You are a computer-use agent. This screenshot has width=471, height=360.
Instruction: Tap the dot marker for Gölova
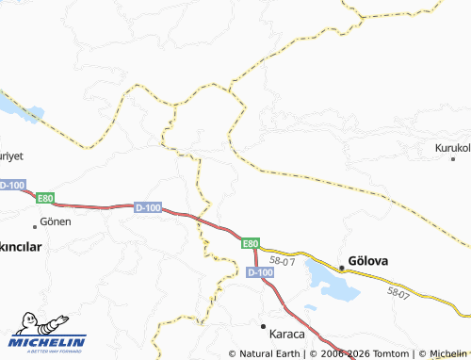342,269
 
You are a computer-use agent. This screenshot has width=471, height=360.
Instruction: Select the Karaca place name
286,334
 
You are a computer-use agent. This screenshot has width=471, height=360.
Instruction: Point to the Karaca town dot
264,325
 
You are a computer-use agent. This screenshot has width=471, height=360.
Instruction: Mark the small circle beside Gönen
36,224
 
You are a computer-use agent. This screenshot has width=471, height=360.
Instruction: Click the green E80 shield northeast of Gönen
45,198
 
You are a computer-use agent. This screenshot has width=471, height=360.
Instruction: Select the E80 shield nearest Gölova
250,243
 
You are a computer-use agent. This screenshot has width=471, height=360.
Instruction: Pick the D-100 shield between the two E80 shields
148,207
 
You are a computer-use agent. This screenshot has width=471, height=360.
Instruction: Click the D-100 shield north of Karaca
260,272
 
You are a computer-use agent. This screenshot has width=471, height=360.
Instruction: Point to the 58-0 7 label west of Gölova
283,259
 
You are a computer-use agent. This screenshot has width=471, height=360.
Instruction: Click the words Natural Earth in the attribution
272,353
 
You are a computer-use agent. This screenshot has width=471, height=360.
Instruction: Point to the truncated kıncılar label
21,245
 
